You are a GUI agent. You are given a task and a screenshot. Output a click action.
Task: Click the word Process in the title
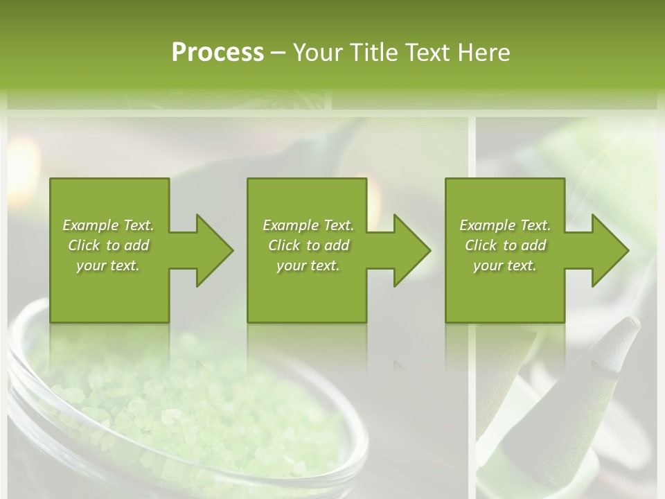(x=218, y=53)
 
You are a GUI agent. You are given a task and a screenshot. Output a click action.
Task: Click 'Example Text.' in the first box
(x=108, y=225)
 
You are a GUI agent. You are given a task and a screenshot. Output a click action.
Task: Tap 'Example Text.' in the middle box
(x=308, y=225)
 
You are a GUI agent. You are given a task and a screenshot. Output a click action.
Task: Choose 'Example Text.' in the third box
(x=505, y=225)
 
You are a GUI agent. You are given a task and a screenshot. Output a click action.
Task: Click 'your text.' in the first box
(x=108, y=265)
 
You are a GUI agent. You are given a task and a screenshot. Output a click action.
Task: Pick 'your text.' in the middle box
(x=308, y=265)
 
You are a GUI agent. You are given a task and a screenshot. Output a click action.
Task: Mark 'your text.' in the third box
(x=505, y=265)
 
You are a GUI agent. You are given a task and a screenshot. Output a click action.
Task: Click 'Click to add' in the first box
(x=108, y=245)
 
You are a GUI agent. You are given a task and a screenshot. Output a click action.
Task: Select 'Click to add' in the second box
(x=308, y=245)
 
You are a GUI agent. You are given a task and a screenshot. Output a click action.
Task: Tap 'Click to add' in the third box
(x=505, y=245)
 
